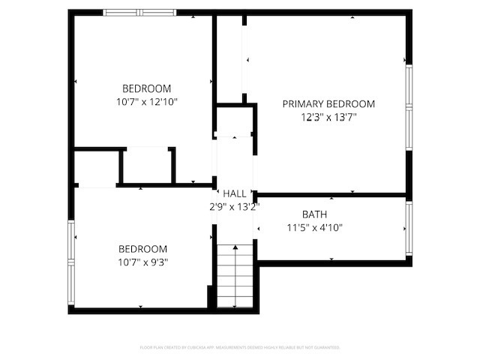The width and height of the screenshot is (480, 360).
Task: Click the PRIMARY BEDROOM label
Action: (x=328, y=104)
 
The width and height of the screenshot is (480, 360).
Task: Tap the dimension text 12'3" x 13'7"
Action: (x=328, y=117)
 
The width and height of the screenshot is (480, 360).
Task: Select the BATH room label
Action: (x=314, y=214)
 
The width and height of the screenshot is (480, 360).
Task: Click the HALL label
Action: (x=234, y=194)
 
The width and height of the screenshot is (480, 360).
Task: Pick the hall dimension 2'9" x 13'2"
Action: (x=234, y=207)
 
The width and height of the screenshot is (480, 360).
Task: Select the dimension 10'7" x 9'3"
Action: (x=142, y=262)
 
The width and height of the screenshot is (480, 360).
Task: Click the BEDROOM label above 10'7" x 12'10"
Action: (x=147, y=88)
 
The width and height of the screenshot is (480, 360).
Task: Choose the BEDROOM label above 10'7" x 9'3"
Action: (x=142, y=249)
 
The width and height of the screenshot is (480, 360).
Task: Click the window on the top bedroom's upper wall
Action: (x=139, y=12)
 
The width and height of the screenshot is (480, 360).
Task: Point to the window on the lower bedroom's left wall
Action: (x=71, y=262)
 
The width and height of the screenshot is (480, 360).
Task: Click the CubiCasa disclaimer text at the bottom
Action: (x=240, y=348)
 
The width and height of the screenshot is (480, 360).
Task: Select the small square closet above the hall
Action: (x=234, y=120)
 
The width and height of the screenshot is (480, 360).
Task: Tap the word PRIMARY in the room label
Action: (x=302, y=104)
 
